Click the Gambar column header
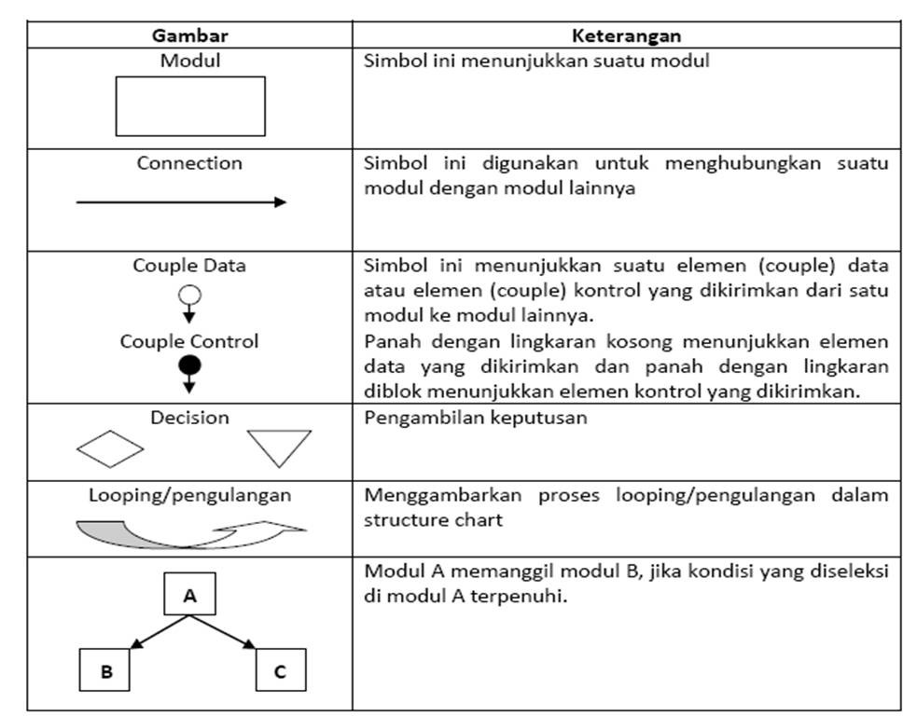click(x=189, y=36)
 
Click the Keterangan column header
click(x=626, y=36)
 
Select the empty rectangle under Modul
click(x=189, y=106)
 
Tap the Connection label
click(x=189, y=163)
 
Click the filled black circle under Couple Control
click(x=189, y=365)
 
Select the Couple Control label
click(x=189, y=341)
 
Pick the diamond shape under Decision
click(x=110, y=448)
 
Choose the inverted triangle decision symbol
click(x=279, y=447)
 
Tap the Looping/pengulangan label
click(x=189, y=495)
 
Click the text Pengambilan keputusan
click(x=475, y=417)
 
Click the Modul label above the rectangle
click(x=189, y=62)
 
